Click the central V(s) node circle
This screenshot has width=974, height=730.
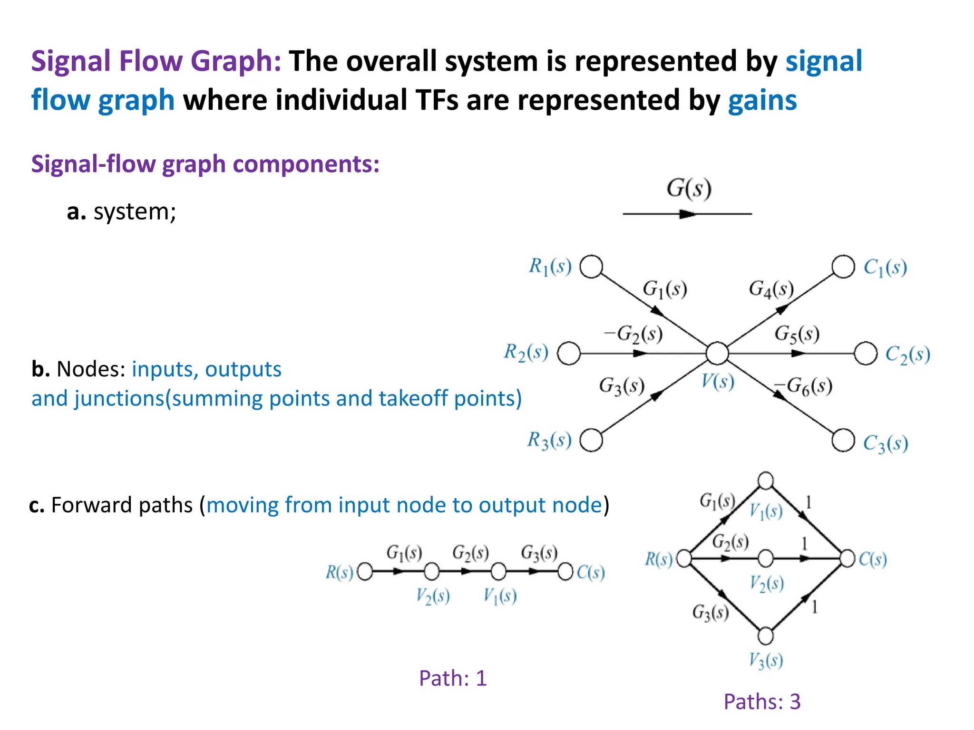click(717, 353)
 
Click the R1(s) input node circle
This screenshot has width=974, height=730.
click(592, 267)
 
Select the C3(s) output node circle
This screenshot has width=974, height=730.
click(843, 440)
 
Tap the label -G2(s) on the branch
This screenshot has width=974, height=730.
click(633, 334)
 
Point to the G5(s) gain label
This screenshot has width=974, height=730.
click(797, 334)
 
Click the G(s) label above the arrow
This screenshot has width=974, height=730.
click(689, 189)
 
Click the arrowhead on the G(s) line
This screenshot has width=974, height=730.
click(687, 214)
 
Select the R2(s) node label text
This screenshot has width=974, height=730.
click(526, 353)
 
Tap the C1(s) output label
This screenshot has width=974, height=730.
click(885, 268)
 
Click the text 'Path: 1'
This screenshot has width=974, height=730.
click(453, 678)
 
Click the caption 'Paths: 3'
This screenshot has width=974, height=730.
click(762, 702)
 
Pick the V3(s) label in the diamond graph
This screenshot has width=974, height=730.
click(766, 660)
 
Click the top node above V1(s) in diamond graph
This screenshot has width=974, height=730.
click(766, 480)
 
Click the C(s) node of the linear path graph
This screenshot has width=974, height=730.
click(565, 572)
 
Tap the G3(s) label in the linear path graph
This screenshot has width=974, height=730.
click(539, 553)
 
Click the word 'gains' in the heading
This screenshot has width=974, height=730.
click(762, 100)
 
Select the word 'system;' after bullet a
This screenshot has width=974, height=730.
click(135, 212)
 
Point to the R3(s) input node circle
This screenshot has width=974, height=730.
click(592, 440)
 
